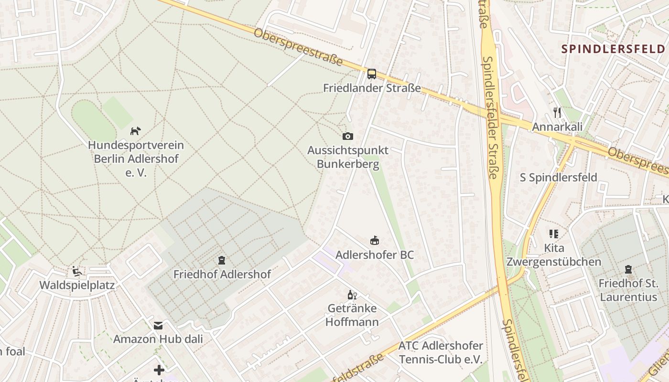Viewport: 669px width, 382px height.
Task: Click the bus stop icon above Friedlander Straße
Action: click(372, 74)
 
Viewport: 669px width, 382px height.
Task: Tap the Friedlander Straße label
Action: click(372, 88)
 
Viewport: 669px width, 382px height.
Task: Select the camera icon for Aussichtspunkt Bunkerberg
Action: click(348, 137)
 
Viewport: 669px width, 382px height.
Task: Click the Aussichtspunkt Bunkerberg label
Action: click(348, 157)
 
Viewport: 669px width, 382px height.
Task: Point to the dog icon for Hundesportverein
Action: click(136, 131)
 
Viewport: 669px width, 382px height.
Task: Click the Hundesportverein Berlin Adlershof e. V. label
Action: click(136, 159)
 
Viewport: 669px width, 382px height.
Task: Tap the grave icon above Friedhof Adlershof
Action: click(222, 261)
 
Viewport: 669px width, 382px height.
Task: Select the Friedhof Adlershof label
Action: click(222, 275)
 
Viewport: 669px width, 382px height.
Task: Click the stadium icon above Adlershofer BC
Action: click(375, 241)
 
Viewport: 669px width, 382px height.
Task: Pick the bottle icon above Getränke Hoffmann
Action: click(352, 295)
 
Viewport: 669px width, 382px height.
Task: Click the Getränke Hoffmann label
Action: click(352, 315)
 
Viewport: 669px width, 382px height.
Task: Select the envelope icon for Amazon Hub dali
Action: click(158, 326)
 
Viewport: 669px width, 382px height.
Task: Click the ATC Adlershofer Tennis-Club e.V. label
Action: click(441, 352)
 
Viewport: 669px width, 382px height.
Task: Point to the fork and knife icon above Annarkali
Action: click(557, 113)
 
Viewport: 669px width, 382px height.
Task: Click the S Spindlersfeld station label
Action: click(558, 178)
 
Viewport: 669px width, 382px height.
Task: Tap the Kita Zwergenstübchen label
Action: click(553, 255)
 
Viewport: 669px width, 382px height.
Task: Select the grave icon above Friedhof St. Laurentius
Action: click(628, 270)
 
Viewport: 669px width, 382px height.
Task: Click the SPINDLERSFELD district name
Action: click(613, 49)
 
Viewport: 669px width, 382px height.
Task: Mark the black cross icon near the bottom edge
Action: click(159, 370)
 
